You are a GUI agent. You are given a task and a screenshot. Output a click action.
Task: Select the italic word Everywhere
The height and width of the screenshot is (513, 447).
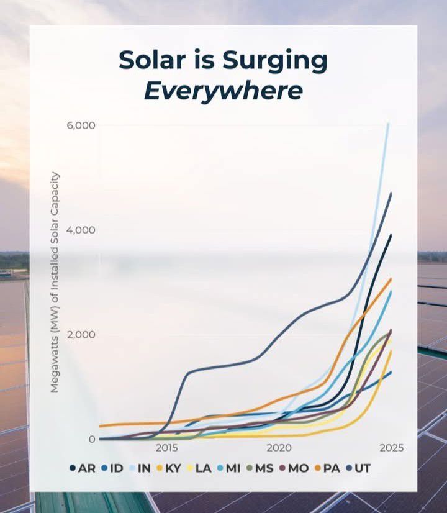click(x=223, y=91)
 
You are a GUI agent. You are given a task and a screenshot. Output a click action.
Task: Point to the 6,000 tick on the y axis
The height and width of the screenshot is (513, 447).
click(x=81, y=125)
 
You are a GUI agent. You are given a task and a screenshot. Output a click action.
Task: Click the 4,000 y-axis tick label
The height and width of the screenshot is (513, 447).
click(x=81, y=230)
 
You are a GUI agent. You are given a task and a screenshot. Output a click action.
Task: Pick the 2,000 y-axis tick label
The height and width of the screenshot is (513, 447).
click(x=81, y=334)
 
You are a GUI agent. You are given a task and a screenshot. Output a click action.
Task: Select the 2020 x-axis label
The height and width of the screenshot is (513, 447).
click(x=279, y=448)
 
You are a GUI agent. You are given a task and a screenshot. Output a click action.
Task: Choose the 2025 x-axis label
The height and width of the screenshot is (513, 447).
click(x=392, y=448)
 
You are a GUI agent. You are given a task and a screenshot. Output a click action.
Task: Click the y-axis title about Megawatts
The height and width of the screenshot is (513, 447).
click(x=55, y=282)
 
